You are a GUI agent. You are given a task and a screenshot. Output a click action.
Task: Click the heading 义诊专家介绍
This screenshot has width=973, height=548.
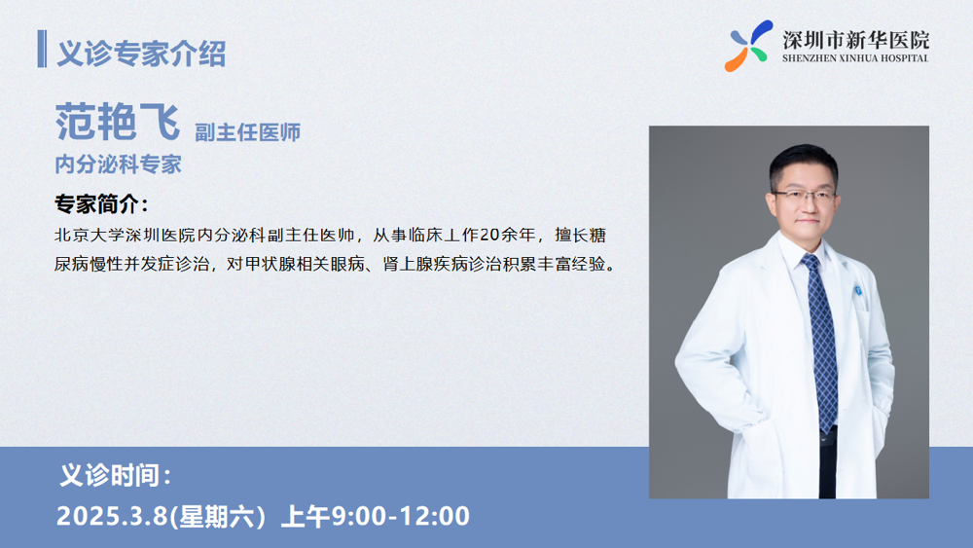click(x=141, y=54)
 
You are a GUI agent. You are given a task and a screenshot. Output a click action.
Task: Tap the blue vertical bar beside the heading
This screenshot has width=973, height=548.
click(x=42, y=49)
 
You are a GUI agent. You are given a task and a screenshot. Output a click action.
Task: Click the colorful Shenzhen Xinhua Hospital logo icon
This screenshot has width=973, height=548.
click(x=749, y=46)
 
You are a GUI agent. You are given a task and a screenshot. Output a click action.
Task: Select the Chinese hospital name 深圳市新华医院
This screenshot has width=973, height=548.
click(x=855, y=40)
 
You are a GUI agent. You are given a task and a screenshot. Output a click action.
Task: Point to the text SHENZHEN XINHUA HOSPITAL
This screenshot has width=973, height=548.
click(x=855, y=58)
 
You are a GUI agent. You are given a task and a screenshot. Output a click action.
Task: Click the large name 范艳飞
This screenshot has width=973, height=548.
click(x=118, y=122)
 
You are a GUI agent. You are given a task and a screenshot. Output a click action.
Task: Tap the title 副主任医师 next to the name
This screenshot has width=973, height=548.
click(x=247, y=132)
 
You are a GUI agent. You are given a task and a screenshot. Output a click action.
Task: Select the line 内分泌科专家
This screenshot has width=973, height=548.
click(x=118, y=164)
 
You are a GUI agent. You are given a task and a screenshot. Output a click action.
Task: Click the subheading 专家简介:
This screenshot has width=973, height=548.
click(x=102, y=204)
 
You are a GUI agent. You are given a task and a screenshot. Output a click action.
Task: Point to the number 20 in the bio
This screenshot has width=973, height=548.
click(x=489, y=236)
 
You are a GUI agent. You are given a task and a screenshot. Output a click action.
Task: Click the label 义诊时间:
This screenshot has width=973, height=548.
click(x=115, y=475)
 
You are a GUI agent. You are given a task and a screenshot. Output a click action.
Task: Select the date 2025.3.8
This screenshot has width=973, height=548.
click(x=112, y=516)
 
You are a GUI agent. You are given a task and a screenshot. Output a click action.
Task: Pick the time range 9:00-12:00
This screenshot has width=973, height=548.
click(x=400, y=516)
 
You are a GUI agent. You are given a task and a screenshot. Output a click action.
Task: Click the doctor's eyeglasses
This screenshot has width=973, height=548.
click(x=805, y=198)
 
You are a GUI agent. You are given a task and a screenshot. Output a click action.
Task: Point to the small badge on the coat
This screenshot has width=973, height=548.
click(x=859, y=290)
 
